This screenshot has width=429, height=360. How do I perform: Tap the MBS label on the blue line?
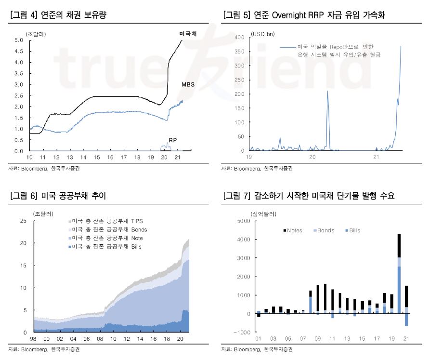click(188, 84)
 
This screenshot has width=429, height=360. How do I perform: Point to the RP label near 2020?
click(172, 140)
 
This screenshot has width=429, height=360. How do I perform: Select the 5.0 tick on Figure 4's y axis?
click(19, 40)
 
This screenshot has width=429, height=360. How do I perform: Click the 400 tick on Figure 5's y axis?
click(239, 37)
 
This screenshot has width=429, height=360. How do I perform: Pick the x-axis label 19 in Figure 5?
click(249, 157)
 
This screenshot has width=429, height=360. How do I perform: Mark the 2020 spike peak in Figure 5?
click(327, 91)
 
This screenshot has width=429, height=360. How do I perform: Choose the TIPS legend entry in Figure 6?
click(108, 221)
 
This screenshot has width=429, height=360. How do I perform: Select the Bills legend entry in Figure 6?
click(108, 247)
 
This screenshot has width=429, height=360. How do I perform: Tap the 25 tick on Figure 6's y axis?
click(23, 221)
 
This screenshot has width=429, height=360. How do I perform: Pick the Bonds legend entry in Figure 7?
click(323, 230)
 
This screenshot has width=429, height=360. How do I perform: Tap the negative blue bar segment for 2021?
click(406, 320)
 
